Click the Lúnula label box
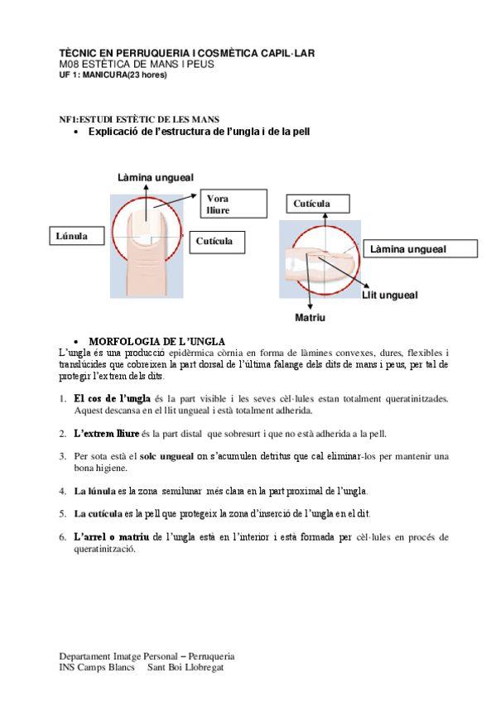click(x=76, y=235)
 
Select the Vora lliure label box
click(x=234, y=204)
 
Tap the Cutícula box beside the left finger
click(x=217, y=243)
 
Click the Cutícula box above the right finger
click(x=318, y=204)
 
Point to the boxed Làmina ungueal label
click(x=421, y=248)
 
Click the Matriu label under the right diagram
click(x=310, y=317)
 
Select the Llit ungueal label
click(x=389, y=295)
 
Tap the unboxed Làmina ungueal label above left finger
click(x=156, y=177)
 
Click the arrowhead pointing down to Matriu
click(x=310, y=306)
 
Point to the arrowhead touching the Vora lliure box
click(x=194, y=195)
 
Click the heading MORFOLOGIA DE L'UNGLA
click(x=157, y=342)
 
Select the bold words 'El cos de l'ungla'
click(x=112, y=398)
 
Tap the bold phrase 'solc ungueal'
click(x=166, y=456)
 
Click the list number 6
click(x=63, y=536)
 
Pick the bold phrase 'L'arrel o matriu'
click(x=112, y=536)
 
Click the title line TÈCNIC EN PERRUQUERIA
click(x=186, y=53)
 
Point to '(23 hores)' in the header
click(x=147, y=75)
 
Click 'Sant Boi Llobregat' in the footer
click(x=185, y=667)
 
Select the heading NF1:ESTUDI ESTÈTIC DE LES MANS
click(x=139, y=119)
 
